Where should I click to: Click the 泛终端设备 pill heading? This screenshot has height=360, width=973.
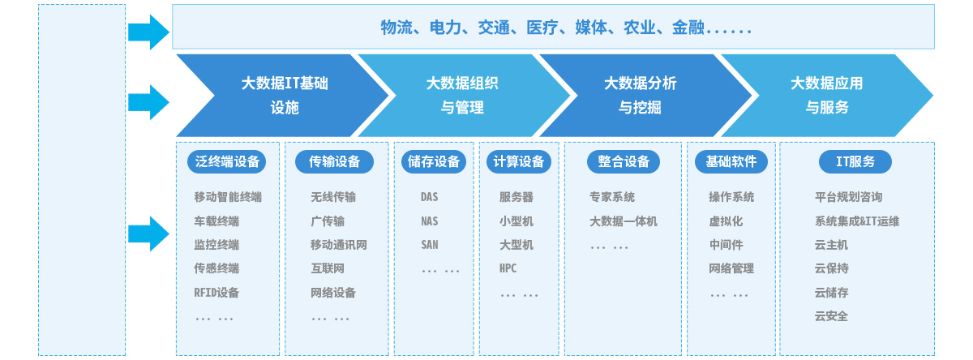[226, 162]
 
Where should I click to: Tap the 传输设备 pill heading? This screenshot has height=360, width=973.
[334, 162]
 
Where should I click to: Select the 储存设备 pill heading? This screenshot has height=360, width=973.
[434, 162]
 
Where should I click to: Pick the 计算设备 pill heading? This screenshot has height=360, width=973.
[519, 162]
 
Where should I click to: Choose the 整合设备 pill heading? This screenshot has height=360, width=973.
[624, 162]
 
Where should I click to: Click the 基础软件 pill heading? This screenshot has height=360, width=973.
[731, 162]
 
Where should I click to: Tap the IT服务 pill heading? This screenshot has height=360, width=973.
[855, 162]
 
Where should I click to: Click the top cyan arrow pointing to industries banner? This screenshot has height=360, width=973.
[148, 32]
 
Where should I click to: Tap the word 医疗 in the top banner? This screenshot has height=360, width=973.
[542, 28]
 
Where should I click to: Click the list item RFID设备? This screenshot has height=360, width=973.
[216, 293]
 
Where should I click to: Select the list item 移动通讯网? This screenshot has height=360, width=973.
[338, 245]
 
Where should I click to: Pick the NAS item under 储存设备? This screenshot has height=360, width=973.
[429, 221]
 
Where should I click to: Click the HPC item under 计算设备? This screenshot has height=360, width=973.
[508, 268]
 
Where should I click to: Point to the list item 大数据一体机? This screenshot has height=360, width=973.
[624, 221]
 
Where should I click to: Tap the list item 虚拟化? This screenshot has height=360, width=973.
[726, 221]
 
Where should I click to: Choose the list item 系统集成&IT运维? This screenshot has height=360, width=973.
[856, 221]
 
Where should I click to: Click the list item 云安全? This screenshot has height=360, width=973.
[831, 316]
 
